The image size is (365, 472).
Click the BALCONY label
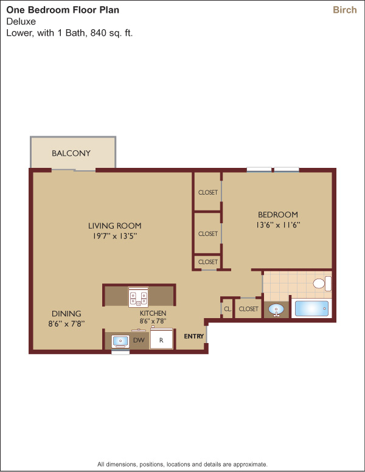pyautogui.click(x=71, y=153)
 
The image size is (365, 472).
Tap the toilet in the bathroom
pyautogui.click(x=322, y=283)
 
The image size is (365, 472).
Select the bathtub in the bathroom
pyautogui.click(x=311, y=308)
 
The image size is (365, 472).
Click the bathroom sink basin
pyautogui.click(x=276, y=310)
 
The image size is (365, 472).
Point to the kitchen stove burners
pyautogui.click(x=138, y=297)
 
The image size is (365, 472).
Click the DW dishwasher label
pyautogui.click(x=139, y=340)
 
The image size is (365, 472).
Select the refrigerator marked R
pyautogui.click(x=161, y=339)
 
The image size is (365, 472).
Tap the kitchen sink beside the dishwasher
pyautogui.click(x=120, y=341)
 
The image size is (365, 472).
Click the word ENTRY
pyautogui.click(x=194, y=336)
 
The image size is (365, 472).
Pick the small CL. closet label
pyautogui.click(x=228, y=309)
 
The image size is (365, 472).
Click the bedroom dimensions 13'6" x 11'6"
pyautogui.click(x=278, y=225)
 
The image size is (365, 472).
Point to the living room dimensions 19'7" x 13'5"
pyautogui.click(x=115, y=236)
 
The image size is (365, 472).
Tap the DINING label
pyautogui.click(x=66, y=314)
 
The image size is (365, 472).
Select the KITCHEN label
pyautogui.click(x=153, y=313)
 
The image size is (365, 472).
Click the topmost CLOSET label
pyautogui.click(x=208, y=192)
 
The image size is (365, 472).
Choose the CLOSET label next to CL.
pyautogui.click(x=248, y=309)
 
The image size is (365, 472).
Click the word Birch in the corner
pyautogui.click(x=345, y=10)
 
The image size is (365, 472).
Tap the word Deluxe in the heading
pyautogui.click(x=21, y=21)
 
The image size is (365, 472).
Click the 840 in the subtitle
pyautogui.click(x=99, y=32)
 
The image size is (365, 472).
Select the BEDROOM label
pyautogui.click(x=278, y=215)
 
